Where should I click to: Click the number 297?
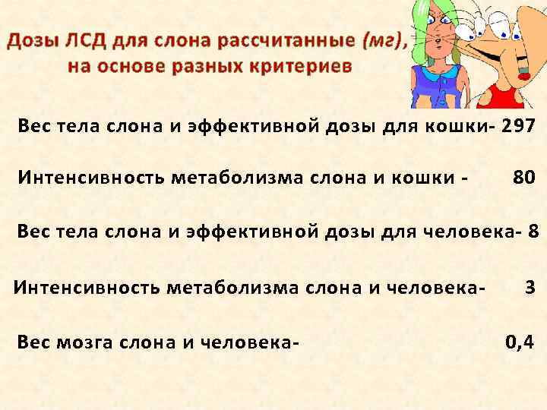pyautogui.click(x=519, y=126)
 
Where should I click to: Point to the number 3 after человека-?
pyautogui.click(x=530, y=287)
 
